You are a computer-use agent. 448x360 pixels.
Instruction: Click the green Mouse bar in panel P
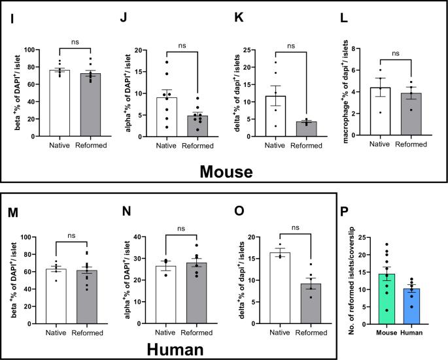[x=387, y=294]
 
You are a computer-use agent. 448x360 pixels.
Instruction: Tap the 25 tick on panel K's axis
[x=249, y=50]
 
